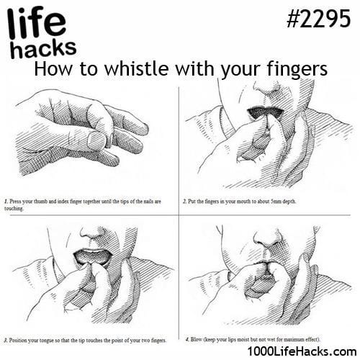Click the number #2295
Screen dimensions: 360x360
coord(319,19)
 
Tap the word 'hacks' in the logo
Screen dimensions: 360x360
coord(44,49)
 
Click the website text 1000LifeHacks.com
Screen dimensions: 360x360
coord(302,351)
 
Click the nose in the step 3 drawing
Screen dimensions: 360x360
coord(92,234)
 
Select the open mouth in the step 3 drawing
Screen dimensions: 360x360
coord(93,256)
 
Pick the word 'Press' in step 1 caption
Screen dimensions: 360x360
coord(15,202)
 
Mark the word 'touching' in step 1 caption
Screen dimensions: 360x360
coord(14,209)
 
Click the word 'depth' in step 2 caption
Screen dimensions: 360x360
coord(289,202)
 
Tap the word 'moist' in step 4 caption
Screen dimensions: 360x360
coord(243,339)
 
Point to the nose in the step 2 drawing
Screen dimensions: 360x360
coord(268,88)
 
